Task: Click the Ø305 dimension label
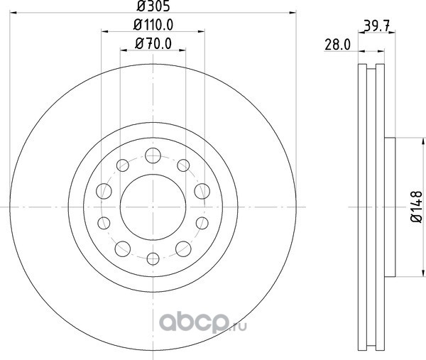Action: tap(153, 6)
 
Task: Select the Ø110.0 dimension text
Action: tap(153, 25)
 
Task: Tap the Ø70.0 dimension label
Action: tap(153, 43)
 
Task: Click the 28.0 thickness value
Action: tap(338, 45)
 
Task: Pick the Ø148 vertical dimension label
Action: tap(417, 207)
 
